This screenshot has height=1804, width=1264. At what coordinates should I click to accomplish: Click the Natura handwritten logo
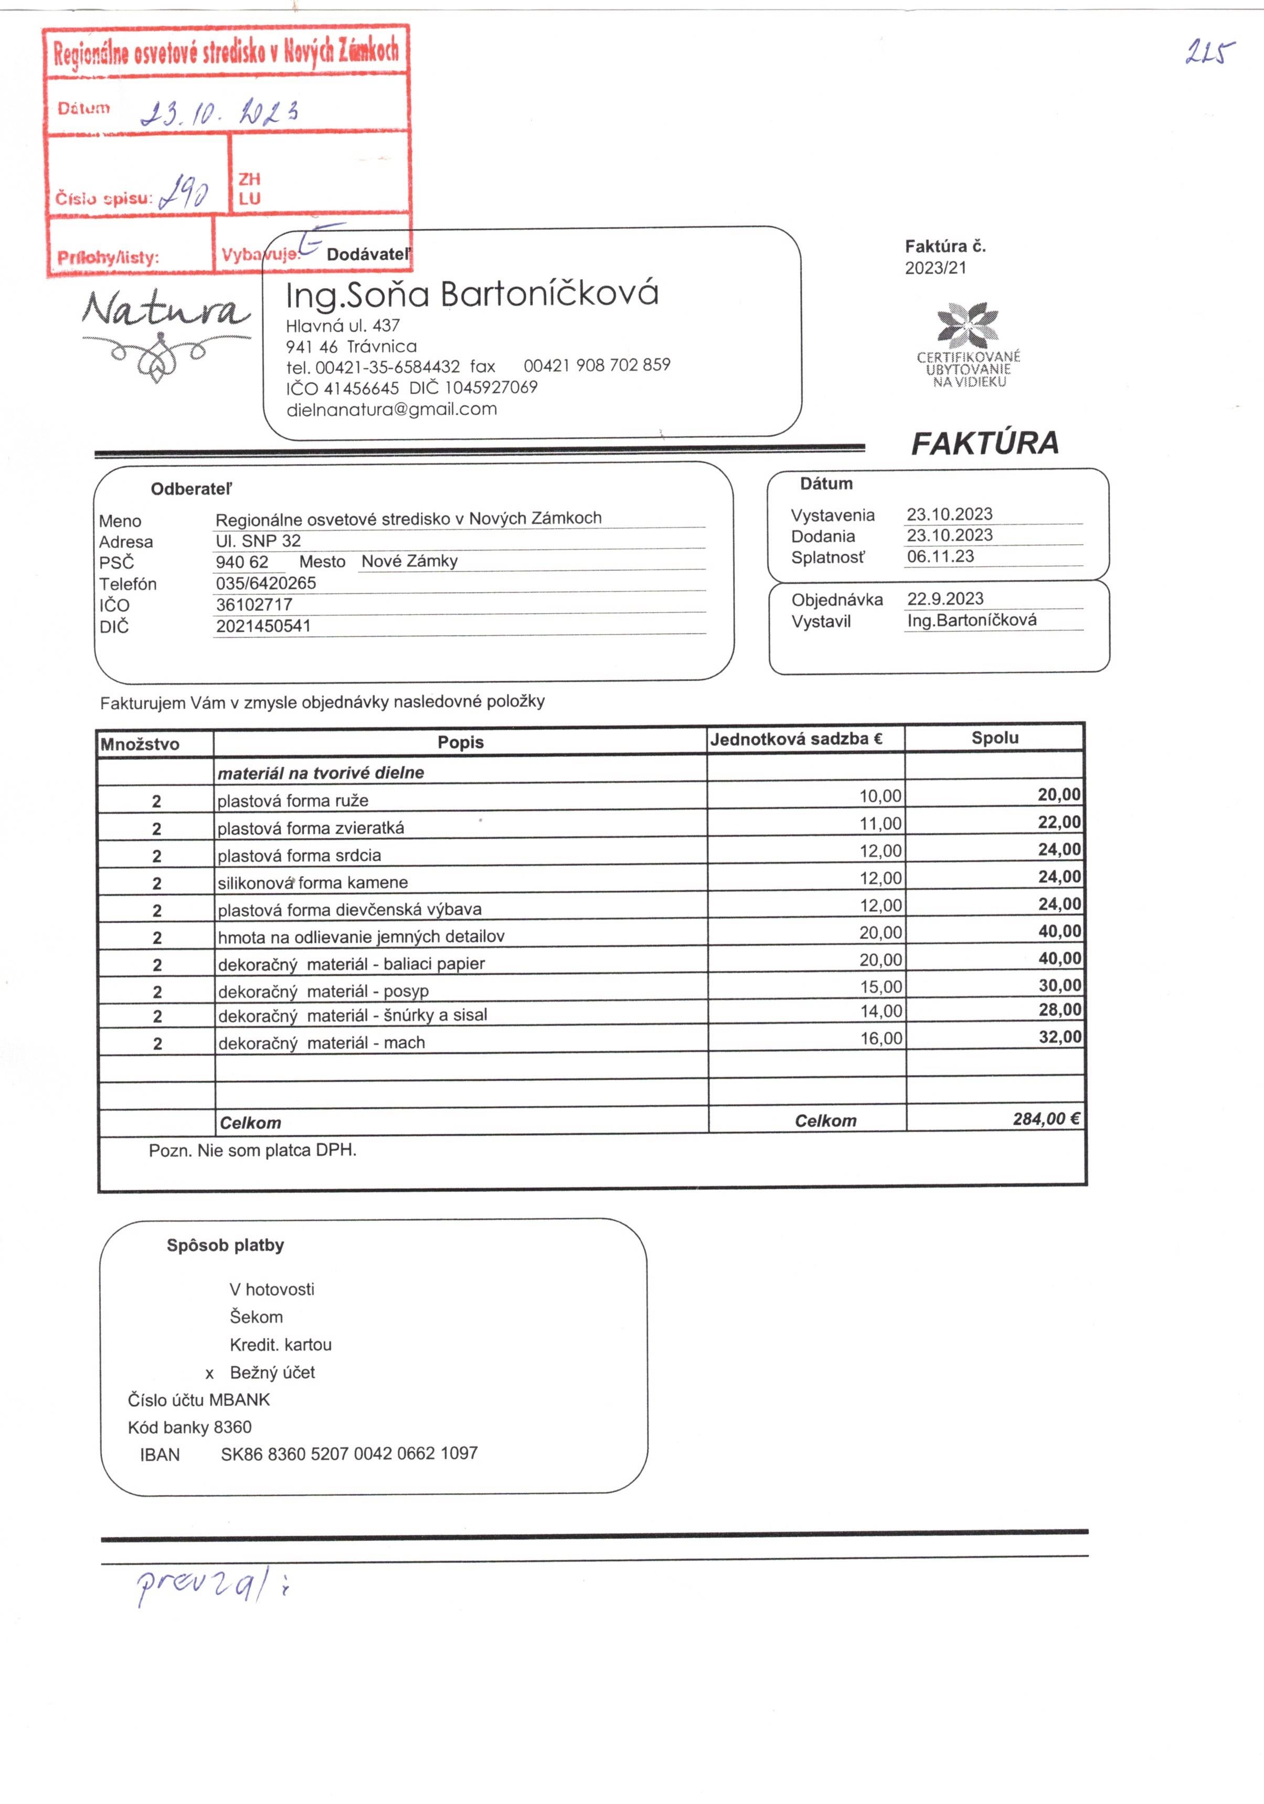(x=166, y=310)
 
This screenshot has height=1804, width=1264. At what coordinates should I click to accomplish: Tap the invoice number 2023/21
(x=936, y=268)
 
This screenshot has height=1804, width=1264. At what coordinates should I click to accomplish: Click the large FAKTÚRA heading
(x=984, y=443)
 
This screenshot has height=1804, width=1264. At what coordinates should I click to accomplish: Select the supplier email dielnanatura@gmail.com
(x=391, y=409)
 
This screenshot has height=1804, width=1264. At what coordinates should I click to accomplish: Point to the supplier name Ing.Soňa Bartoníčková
(x=471, y=294)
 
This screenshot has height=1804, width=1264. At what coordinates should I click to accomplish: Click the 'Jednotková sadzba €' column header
(x=796, y=739)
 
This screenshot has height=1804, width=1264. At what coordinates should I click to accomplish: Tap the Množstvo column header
(x=140, y=743)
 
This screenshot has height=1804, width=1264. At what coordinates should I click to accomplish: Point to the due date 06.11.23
(x=940, y=556)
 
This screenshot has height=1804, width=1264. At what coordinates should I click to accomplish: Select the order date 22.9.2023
(x=945, y=599)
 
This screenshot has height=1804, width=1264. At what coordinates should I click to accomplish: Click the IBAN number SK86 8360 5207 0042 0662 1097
(x=349, y=1453)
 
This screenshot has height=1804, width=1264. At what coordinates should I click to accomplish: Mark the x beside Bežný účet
(x=210, y=1374)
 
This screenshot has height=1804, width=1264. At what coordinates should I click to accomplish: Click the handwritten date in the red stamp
(x=219, y=112)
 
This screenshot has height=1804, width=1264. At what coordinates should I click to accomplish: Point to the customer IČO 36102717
(x=254, y=605)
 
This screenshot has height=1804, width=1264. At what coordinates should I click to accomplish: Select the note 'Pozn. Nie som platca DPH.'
(x=252, y=1151)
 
